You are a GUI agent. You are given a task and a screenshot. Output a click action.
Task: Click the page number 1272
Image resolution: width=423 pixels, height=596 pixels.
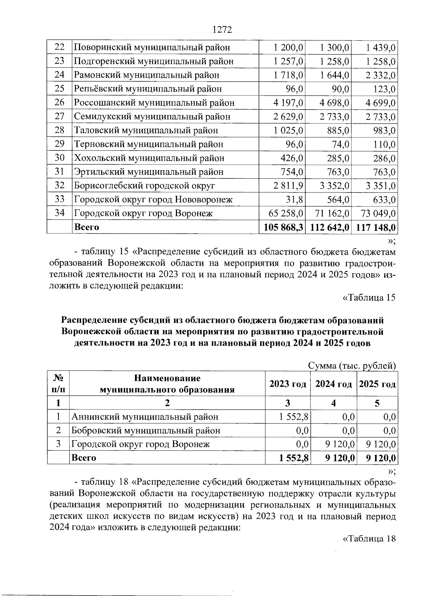pos(222,30)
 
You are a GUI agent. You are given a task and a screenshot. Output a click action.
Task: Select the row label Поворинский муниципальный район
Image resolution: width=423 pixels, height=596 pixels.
pos(152,47)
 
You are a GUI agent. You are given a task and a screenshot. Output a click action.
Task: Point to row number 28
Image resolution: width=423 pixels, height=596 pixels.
pos(60,130)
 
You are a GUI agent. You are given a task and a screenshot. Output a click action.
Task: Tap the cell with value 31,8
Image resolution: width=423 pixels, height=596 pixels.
pos(295,200)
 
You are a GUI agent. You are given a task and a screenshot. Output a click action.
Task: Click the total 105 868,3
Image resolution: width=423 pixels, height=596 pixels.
pos(282,227)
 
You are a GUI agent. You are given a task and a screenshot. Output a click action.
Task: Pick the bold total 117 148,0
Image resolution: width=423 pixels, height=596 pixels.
pos(376,227)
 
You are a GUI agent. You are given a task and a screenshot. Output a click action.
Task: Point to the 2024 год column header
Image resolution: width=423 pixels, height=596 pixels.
pos(333,384)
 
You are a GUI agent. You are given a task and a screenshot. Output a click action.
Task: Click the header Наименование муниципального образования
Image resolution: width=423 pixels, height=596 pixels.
pos(167,384)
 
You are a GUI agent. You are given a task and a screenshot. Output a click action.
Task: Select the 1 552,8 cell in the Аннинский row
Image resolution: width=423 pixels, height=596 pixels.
pos(294,417)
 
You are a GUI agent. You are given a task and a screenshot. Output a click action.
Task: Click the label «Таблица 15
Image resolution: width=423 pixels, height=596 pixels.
pos(369,297)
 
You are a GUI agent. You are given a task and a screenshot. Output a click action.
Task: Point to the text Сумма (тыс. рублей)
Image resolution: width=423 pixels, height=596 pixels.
pos(352,366)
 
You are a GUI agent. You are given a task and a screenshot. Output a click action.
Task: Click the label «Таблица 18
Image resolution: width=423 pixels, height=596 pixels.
pos(369,539)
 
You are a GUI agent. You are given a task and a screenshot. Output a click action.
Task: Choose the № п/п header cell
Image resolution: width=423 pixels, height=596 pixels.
pos(59,384)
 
